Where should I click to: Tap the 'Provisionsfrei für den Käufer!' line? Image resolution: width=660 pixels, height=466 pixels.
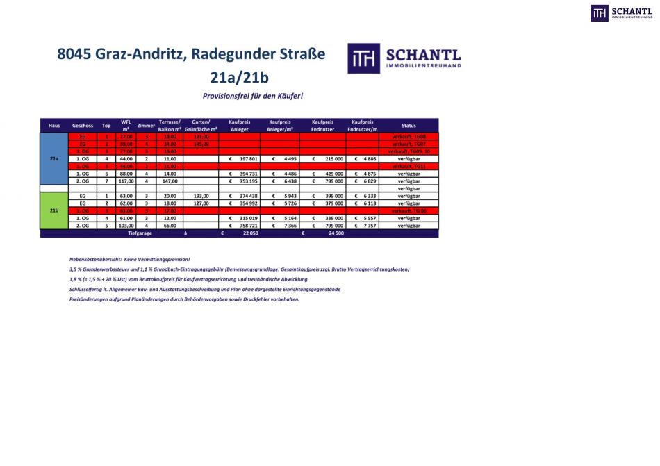pyautogui.click(x=253, y=96)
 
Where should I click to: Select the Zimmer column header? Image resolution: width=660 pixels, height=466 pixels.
pyautogui.click(x=147, y=126)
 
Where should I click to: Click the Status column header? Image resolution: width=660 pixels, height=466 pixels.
pyautogui.click(x=409, y=126)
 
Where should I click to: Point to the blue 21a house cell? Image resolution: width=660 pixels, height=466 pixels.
pyautogui.click(x=54, y=159)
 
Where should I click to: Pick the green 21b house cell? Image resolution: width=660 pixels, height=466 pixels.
pyautogui.click(x=54, y=210)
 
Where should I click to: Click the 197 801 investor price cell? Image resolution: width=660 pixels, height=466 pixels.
pyautogui.click(x=244, y=159)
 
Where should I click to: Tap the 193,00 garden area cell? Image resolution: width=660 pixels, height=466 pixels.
pyautogui.click(x=201, y=197)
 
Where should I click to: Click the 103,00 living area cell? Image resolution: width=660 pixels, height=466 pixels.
pyautogui.click(x=126, y=226)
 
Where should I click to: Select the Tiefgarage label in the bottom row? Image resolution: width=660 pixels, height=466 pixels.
pyautogui.click(x=140, y=233)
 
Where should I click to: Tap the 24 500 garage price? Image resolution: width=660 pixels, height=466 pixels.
pyautogui.click(x=336, y=233)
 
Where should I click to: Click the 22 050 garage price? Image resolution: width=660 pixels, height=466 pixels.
pyautogui.click(x=249, y=233)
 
